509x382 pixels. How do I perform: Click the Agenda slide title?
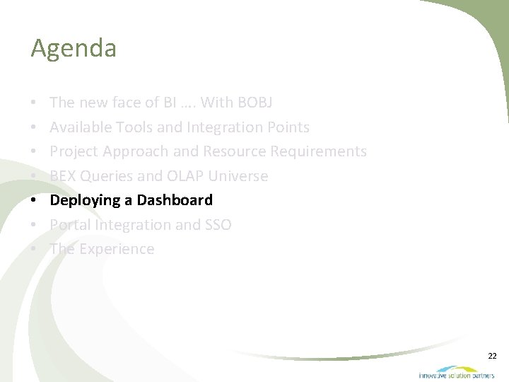click(74, 49)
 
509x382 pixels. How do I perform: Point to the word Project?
click(74, 151)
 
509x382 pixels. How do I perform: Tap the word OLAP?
click(186, 176)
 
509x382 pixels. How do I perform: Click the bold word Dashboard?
click(175, 200)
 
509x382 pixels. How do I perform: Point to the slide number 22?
click(492, 356)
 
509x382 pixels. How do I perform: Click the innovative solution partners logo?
click(456, 372)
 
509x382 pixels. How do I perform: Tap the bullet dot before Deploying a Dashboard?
click(35, 201)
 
